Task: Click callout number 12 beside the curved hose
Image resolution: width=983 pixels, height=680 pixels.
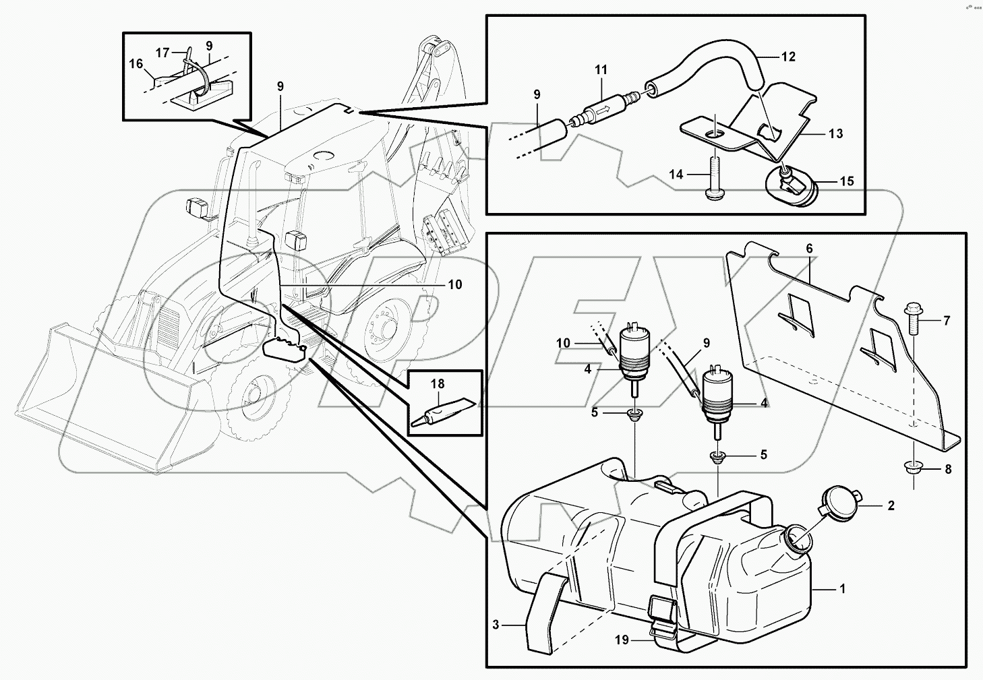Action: click(x=788, y=57)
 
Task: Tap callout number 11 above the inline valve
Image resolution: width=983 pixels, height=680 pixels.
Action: click(x=601, y=69)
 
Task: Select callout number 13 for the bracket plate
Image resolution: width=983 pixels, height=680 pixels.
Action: click(x=835, y=134)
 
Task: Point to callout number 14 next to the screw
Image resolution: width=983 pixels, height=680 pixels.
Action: click(x=676, y=175)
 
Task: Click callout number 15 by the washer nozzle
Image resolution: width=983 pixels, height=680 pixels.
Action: click(x=847, y=181)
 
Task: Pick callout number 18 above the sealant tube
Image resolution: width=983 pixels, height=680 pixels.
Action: click(x=438, y=384)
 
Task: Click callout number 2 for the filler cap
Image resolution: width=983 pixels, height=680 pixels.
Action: click(x=891, y=505)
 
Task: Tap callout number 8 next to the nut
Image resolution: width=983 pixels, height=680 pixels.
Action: click(x=947, y=470)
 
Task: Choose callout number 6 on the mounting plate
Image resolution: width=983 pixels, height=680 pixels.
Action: click(x=809, y=249)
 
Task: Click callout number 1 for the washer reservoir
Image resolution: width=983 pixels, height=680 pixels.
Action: click(x=841, y=588)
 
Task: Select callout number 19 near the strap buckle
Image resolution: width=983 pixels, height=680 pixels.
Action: click(x=622, y=640)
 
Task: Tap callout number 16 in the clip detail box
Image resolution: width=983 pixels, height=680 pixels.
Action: click(x=136, y=64)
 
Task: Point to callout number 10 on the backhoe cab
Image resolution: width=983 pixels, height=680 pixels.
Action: click(x=454, y=285)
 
